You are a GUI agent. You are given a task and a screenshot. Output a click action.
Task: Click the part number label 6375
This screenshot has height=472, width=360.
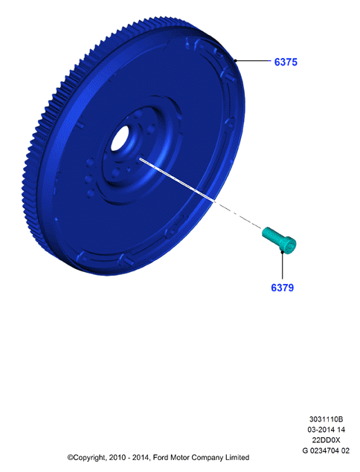[x=286, y=62]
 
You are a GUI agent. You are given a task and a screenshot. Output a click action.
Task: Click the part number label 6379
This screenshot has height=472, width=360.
[x=283, y=288]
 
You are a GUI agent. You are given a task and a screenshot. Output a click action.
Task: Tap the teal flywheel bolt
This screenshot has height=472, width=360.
[x=279, y=241]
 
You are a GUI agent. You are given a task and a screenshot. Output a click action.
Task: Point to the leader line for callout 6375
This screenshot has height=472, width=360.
[x=253, y=61]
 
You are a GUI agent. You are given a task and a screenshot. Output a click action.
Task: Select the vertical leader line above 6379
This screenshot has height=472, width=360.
[x=283, y=265]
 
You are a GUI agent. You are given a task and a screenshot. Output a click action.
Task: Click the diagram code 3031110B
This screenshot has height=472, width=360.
[x=326, y=419]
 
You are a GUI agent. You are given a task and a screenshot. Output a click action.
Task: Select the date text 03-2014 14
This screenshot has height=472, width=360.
[x=326, y=430]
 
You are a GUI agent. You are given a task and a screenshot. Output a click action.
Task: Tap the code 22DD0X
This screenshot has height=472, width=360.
[x=326, y=440]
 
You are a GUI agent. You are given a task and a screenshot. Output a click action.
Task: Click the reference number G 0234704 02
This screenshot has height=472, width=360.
[x=326, y=450]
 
